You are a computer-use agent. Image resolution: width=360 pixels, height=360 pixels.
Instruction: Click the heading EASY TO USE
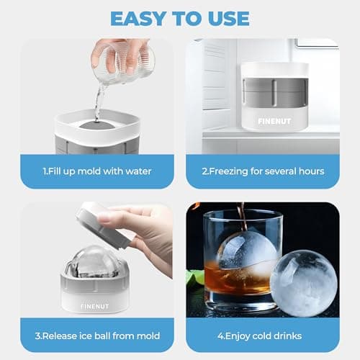tap(180, 17)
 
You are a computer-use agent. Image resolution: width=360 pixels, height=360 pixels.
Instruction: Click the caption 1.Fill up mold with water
tap(97, 171)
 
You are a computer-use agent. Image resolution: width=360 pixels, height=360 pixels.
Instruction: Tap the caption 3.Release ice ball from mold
tap(97, 336)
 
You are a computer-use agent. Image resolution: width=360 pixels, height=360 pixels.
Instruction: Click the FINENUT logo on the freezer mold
tap(274, 122)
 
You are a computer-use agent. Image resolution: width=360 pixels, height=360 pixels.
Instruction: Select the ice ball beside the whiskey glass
tap(303, 282)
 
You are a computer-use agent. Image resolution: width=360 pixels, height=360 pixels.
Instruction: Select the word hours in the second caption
tap(310, 171)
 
